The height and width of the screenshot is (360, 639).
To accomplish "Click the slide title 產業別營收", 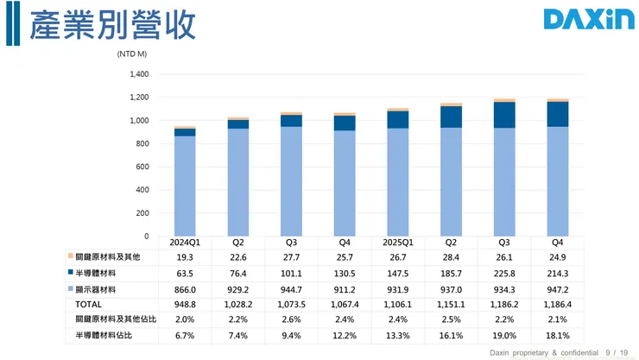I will [112, 25].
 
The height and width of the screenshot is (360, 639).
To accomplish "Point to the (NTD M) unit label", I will [131, 54].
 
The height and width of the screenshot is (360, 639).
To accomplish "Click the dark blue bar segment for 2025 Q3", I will [503, 115].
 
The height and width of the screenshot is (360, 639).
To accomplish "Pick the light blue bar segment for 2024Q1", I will [185, 186].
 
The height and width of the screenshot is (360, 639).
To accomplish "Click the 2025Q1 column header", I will [397, 243].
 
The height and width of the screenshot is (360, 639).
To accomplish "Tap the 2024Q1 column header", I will [185, 243].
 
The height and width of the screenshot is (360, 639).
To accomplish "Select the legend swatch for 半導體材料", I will [70, 273].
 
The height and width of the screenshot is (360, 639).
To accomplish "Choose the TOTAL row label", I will [89, 304].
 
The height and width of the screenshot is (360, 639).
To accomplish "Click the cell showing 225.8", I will [503, 273].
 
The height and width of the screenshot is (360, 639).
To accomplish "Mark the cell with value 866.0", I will [185, 288].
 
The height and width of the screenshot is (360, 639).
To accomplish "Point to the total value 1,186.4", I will [556, 304].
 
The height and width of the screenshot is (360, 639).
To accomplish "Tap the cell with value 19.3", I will [185, 257].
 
